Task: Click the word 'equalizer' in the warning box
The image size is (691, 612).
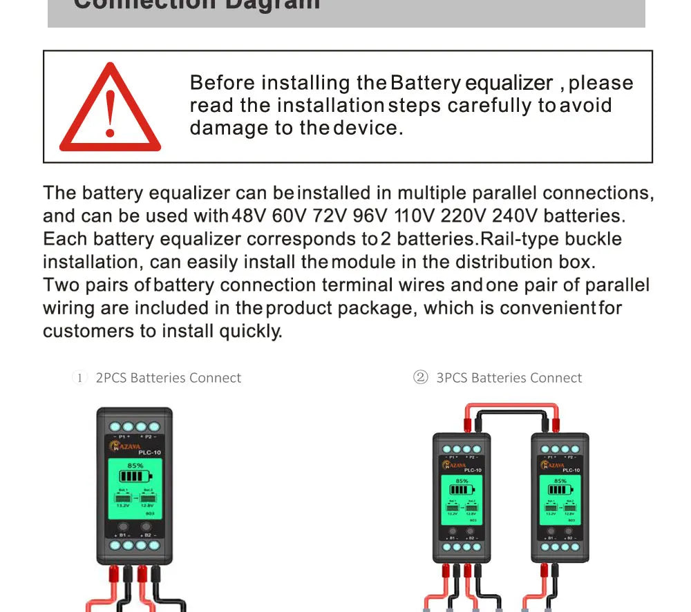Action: [509, 83]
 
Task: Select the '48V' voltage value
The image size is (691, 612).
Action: [249, 216]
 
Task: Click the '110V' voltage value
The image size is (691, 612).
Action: [414, 216]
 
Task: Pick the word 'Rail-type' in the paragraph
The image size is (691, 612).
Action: [519, 239]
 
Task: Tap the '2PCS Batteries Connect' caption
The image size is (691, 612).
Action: [168, 378]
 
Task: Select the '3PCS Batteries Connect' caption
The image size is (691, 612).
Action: [509, 378]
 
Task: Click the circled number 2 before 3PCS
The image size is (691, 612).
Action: [420, 377]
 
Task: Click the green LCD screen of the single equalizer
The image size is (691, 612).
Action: [134, 491]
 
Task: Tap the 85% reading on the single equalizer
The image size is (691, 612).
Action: [135, 466]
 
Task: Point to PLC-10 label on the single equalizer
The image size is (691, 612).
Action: [150, 452]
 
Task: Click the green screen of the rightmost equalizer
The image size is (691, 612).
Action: [560, 497]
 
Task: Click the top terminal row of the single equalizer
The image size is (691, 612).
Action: [134, 427]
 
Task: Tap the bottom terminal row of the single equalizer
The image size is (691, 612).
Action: [134, 545]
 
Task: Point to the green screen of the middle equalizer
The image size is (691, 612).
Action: [462, 497]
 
